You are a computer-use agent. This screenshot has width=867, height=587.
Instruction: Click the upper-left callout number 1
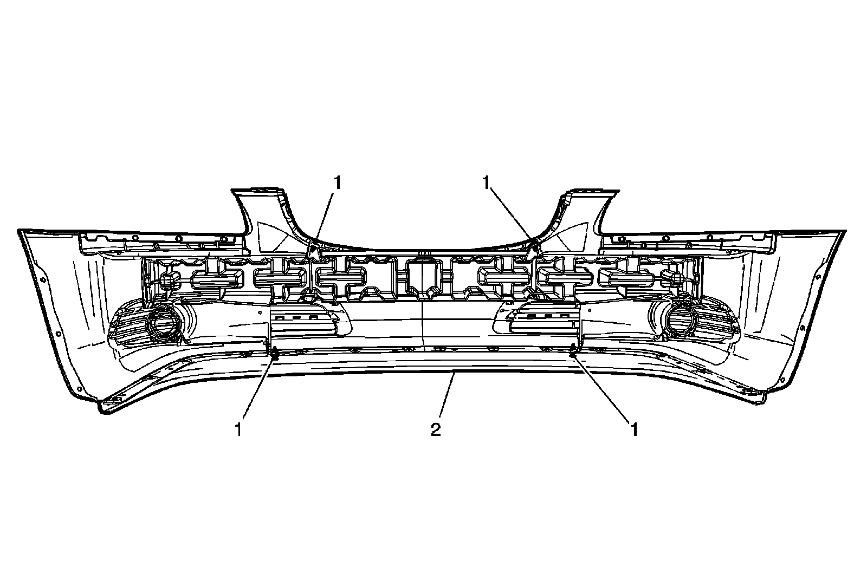pyautogui.click(x=338, y=183)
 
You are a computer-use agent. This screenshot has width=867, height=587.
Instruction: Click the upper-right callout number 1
pyautogui.click(x=488, y=183)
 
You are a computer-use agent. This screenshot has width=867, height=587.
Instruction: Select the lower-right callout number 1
pyautogui.click(x=633, y=429)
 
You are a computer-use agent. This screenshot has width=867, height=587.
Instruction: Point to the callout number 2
pyautogui.click(x=436, y=429)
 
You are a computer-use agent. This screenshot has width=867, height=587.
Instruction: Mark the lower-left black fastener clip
pyautogui.click(x=275, y=355)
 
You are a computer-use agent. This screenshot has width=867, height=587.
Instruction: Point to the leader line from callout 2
pyautogui.click(x=445, y=398)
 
